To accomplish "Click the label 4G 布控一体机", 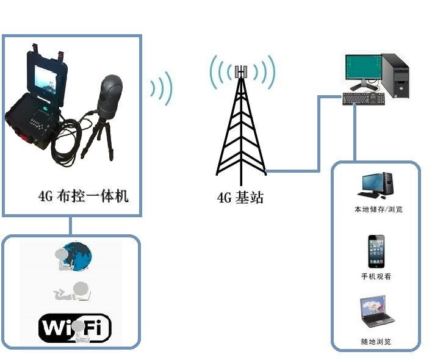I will coord(84,196).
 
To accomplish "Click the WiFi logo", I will coord(74,328).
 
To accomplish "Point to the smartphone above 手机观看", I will coord(376,251).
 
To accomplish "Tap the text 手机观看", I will coord(376,276).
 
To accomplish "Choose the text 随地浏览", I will coord(376,342).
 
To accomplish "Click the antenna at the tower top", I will coord(242,72).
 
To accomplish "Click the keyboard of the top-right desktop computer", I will coord(363,98).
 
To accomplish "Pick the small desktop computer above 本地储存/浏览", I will coord(376,185).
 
